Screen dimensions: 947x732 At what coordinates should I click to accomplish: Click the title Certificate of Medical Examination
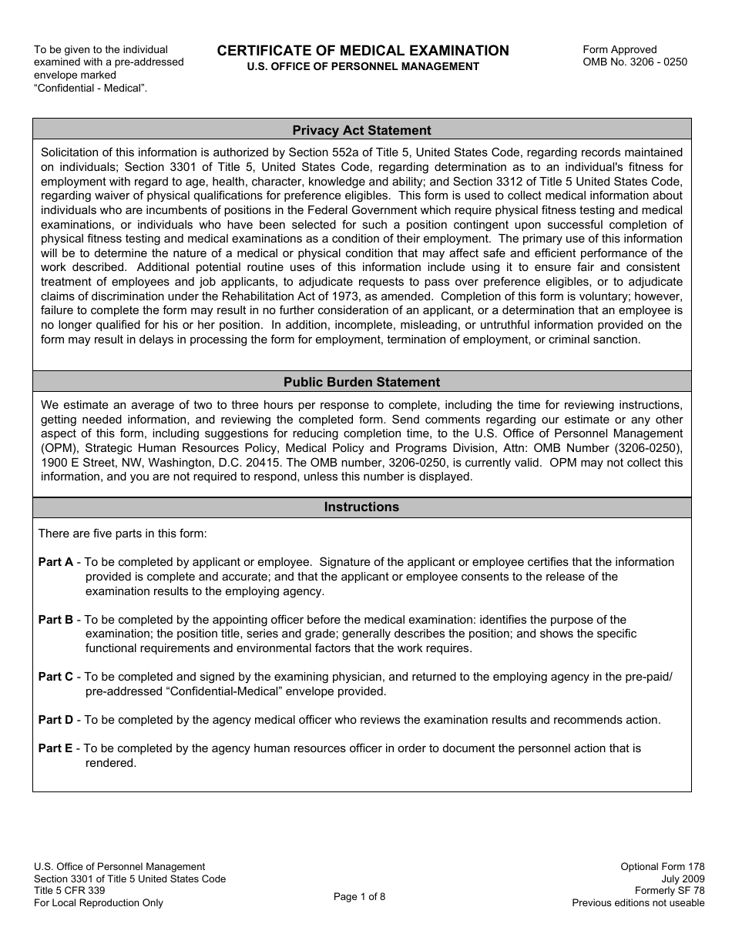pyautogui.click(x=363, y=51)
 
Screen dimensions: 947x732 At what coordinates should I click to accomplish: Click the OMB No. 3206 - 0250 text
pyautogui.click(x=635, y=62)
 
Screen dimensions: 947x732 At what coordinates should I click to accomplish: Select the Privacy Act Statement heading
pyautogui.click(x=361, y=130)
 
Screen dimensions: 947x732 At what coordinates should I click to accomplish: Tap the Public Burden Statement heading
pyautogui.click(x=361, y=382)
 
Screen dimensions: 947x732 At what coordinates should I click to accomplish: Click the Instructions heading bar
pyautogui.click(x=361, y=507)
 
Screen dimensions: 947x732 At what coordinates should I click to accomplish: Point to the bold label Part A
pyautogui.click(x=55, y=562)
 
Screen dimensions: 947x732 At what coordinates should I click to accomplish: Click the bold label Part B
pyautogui.click(x=55, y=620)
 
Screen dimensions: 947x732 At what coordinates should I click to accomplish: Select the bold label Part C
pyautogui.click(x=55, y=677)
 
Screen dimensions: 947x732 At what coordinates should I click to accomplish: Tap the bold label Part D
pyautogui.click(x=55, y=720)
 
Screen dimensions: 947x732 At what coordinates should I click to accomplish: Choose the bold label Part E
pyautogui.click(x=55, y=748)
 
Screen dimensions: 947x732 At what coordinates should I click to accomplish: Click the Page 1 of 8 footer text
pyautogui.click(x=359, y=896)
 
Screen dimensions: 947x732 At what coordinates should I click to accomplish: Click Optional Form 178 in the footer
pyautogui.click(x=662, y=867)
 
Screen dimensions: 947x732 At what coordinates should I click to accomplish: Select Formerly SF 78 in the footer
pyautogui.click(x=670, y=891)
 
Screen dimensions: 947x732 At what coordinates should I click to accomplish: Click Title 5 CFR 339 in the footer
pyautogui.click(x=69, y=891)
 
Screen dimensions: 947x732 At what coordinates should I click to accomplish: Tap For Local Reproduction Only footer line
pyautogui.click(x=99, y=903)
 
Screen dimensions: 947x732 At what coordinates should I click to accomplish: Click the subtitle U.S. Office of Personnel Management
pyautogui.click(x=363, y=67)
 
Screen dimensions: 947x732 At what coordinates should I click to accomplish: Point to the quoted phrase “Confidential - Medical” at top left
pyautogui.click(x=90, y=88)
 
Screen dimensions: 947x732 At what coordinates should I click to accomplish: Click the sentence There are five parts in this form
pyautogui.click(x=123, y=534)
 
